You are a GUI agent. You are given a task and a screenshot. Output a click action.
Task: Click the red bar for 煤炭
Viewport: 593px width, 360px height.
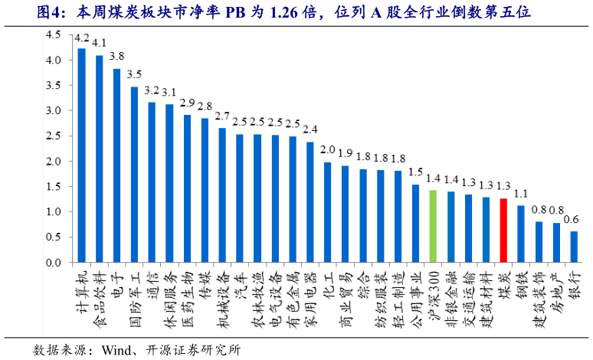point(503,231)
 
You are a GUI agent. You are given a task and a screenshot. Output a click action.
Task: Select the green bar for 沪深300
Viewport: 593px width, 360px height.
point(433,227)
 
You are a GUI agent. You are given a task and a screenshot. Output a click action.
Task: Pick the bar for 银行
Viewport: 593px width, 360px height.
point(574,247)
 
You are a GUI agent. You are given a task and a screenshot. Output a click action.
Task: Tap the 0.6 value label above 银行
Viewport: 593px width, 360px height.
point(572,219)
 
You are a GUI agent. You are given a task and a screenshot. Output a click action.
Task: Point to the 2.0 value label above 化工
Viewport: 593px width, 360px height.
point(327,150)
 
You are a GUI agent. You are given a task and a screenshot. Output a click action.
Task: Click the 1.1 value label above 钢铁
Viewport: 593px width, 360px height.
point(521,193)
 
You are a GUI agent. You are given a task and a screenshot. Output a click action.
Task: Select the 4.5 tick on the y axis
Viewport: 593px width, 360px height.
point(53,35)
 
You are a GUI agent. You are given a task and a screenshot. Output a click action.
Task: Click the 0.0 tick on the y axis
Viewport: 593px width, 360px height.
point(53,263)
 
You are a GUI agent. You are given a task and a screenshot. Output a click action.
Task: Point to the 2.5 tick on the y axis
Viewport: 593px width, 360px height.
point(53,136)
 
